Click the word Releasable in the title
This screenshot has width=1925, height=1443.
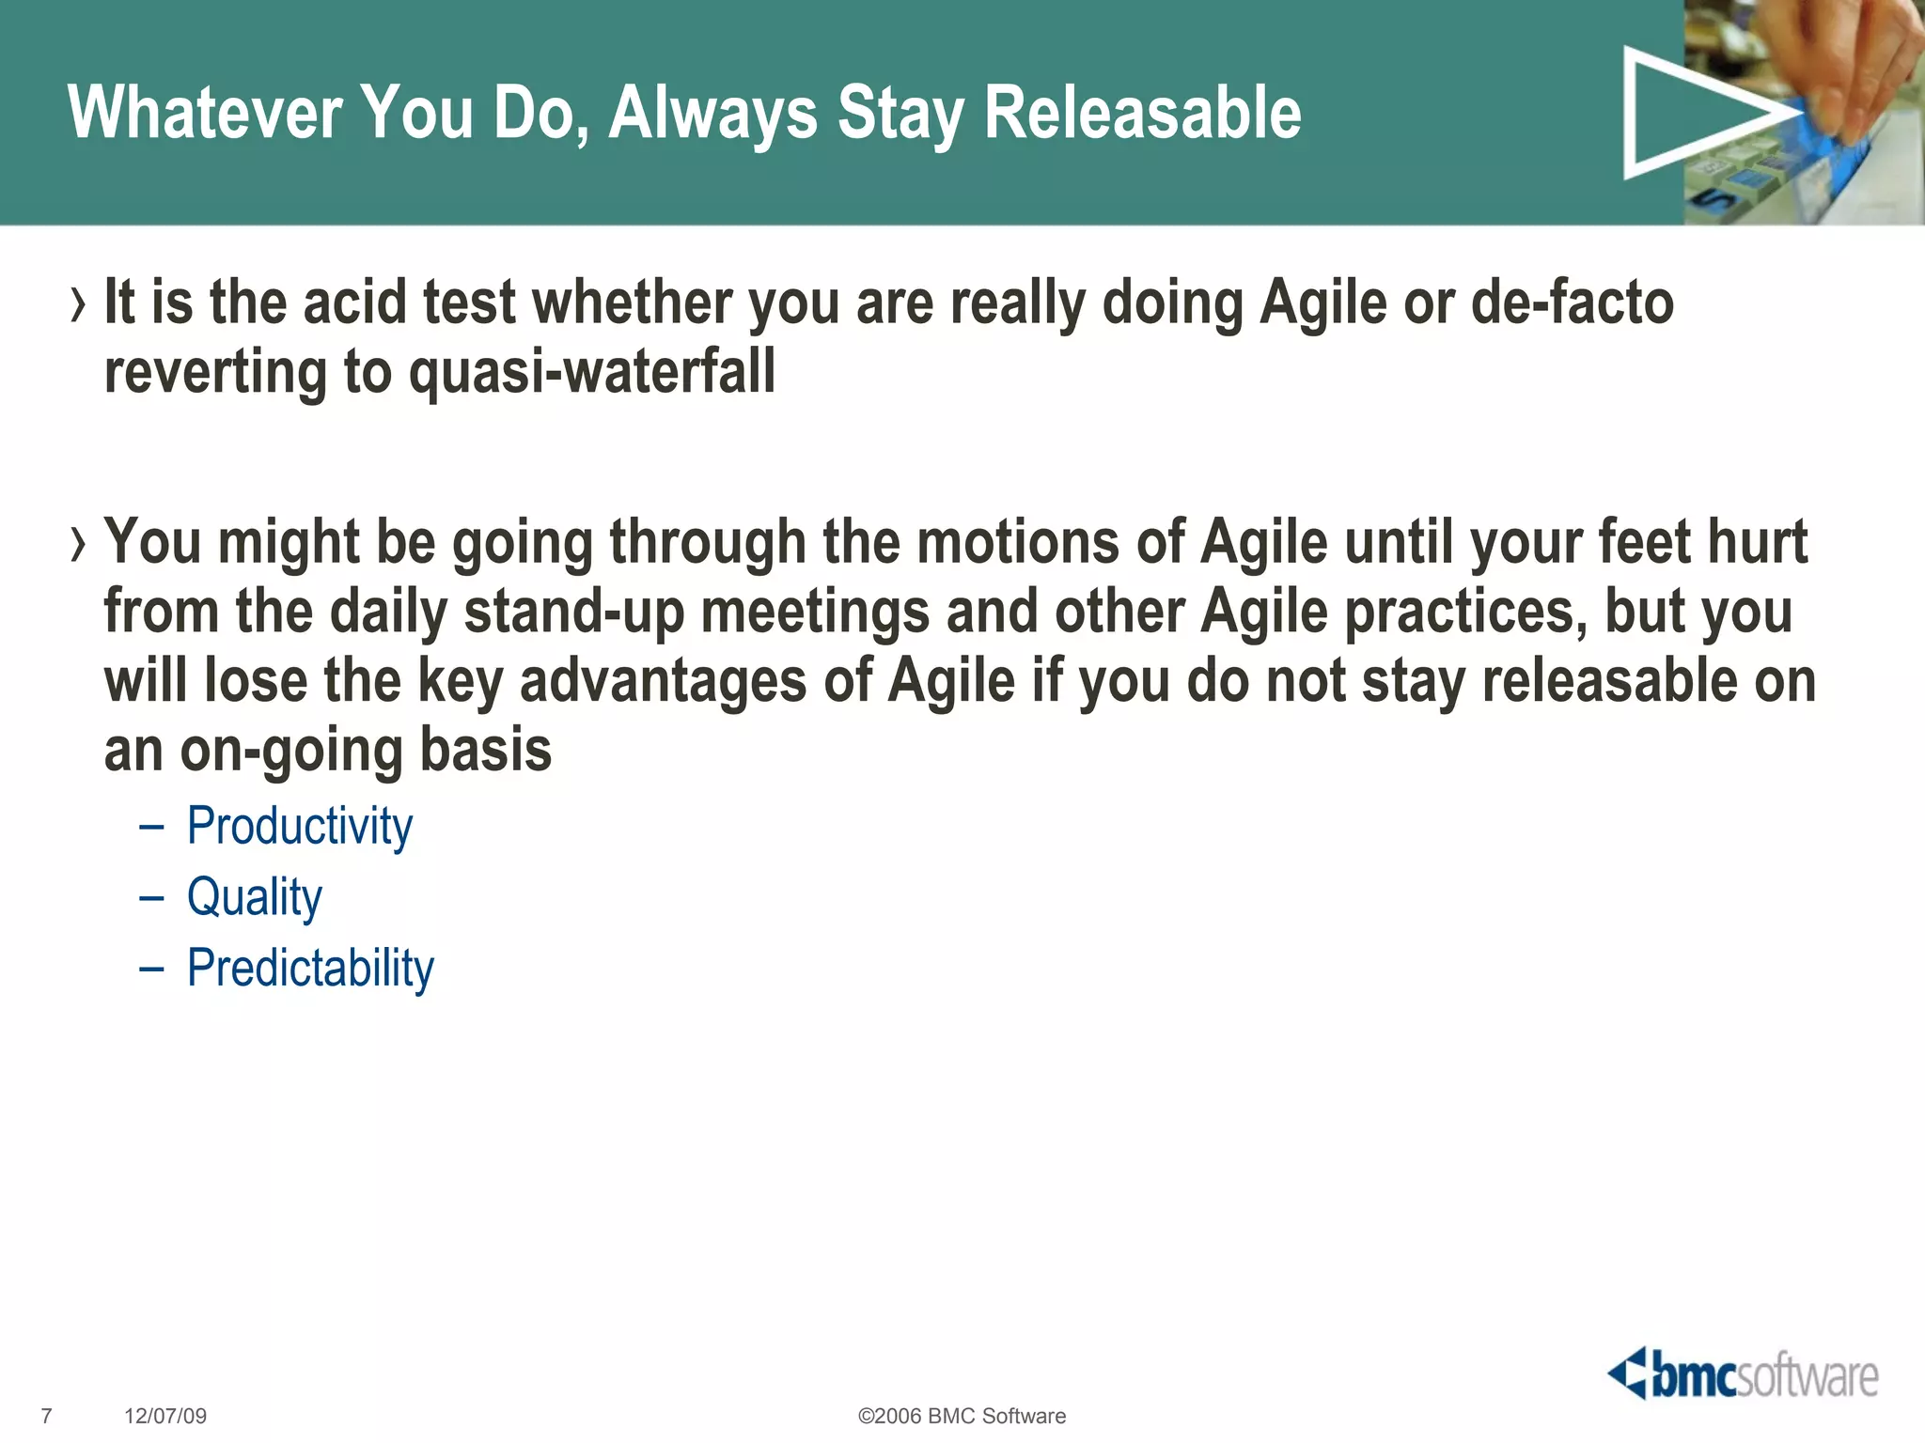pyautogui.click(x=1142, y=114)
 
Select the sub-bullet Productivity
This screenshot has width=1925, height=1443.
pyautogui.click(x=300, y=827)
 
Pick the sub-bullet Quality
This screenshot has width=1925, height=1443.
pyautogui.click(x=255, y=897)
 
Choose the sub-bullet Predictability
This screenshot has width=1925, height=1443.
pyautogui.click(x=310, y=969)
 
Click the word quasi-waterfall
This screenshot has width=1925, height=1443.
pyautogui.click(x=592, y=373)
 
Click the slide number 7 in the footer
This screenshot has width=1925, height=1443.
pyautogui.click(x=47, y=1416)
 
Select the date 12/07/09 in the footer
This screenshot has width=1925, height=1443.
pyautogui.click(x=165, y=1416)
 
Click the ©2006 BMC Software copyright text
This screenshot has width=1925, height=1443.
pyautogui.click(x=962, y=1416)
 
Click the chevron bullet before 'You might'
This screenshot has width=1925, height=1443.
pyautogui.click(x=78, y=544)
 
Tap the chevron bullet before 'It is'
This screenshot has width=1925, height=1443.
pyautogui.click(x=78, y=304)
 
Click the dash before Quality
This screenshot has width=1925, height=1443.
pyautogui.click(x=151, y=898)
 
